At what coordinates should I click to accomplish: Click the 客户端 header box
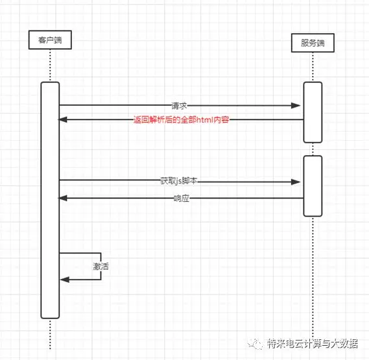tap(50, 40)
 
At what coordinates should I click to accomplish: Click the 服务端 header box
tap(313, 43)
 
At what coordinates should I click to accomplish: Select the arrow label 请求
tap(179, 106)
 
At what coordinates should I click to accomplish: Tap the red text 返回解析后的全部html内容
tap(181, 119)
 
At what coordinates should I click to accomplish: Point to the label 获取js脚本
tap(178, 181)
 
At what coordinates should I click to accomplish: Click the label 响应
tap(181, 198)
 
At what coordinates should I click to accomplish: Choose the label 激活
tap(101, 267)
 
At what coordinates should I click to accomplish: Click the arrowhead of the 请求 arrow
tap(296, 106)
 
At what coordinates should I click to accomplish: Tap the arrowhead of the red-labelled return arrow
tap(63, 119)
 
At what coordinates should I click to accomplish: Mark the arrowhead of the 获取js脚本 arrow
tap(296, 182)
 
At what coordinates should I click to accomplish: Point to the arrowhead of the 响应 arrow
tap(63, 198)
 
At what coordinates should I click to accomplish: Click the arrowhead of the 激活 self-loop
tap(65, 280)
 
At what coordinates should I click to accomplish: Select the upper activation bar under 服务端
tap(313, 112)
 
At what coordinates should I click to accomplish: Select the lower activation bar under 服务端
tap(313, 186)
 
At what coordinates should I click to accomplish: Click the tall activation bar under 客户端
tap(50, 200)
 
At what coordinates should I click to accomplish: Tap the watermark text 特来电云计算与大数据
tap(313, 344)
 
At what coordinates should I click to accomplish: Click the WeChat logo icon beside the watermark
tap(255, 344)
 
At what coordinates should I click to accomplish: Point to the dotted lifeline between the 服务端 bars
tap(313, 149)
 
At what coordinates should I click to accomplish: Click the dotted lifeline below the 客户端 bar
tap(50, 334)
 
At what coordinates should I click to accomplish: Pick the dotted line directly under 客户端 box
tap(50, 66)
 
